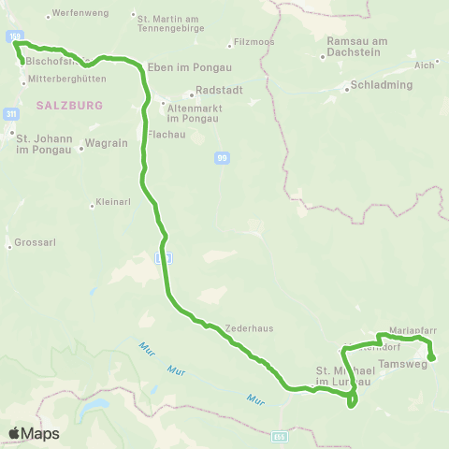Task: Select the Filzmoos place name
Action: click(253, 43)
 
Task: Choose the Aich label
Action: click(426, 65)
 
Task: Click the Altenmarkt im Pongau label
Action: click(192, 113)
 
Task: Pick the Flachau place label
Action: click(165, 134)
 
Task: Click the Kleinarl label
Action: click(109, 204)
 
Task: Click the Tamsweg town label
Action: click(402, 363)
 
